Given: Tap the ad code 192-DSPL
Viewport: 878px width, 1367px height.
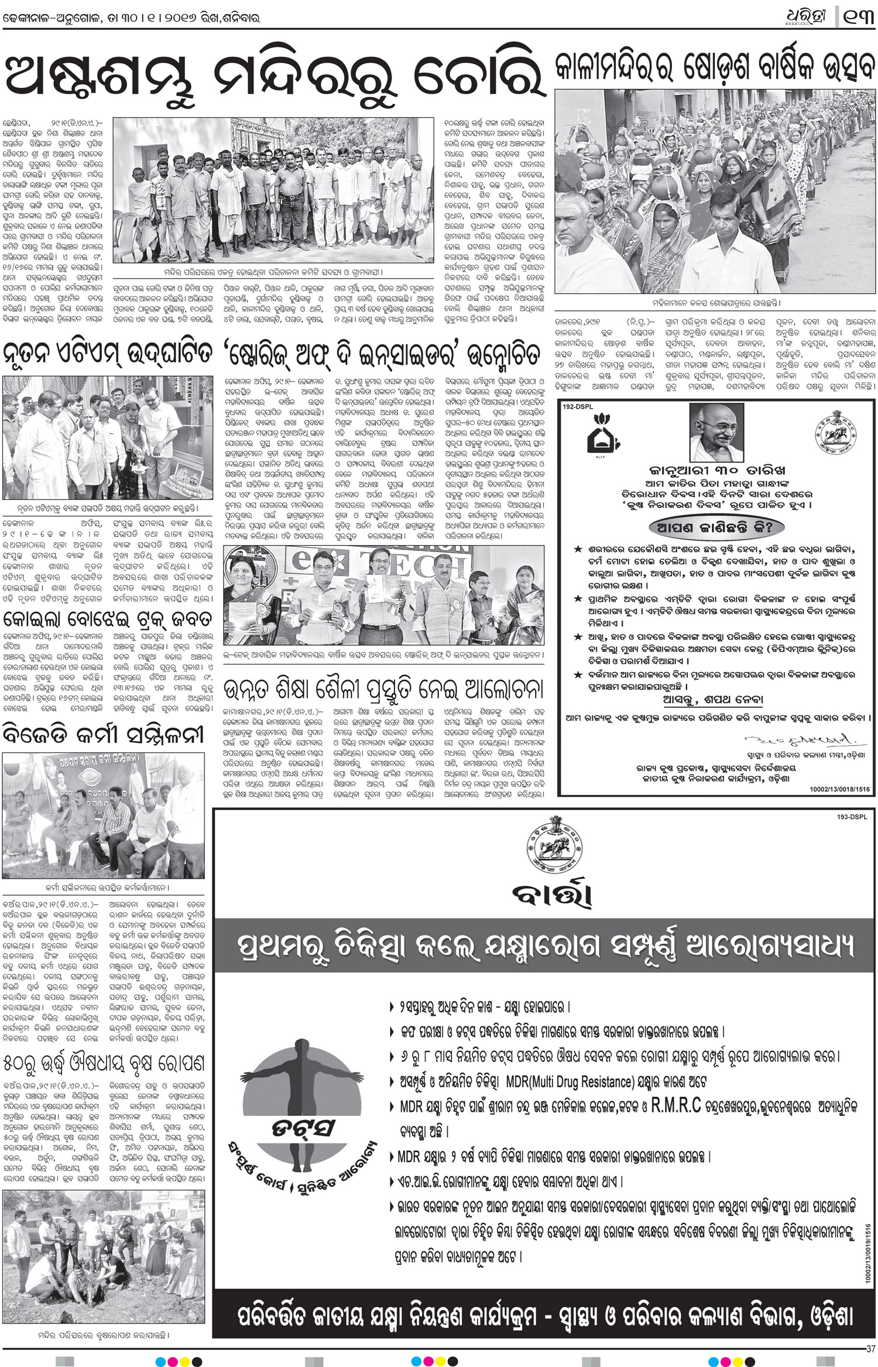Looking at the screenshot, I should (x=578, y=406).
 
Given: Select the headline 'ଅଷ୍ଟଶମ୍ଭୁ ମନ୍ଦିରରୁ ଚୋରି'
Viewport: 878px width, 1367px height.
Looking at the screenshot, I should (x=275, y=77).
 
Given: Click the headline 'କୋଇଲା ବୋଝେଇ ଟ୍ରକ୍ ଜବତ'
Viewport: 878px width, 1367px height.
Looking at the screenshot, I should (x=108, y=619).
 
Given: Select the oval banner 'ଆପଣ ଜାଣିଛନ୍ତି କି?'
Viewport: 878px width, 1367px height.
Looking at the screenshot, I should (x=711, y=527).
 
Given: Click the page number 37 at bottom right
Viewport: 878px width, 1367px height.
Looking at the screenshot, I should (x=870, y=1348).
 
